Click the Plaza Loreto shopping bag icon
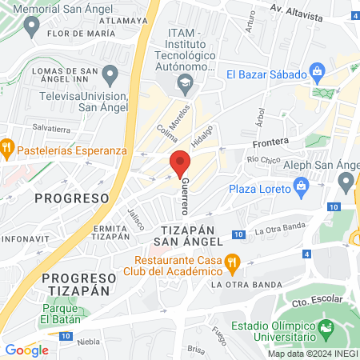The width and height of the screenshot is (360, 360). pyautogui.click(x=302, y=189)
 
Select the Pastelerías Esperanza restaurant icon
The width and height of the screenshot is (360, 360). pyautogui.click(x=6, y=147)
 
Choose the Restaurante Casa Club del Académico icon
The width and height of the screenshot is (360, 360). pyautogui.click(x=233, y=261)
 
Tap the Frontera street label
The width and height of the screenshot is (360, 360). pyautogui.click(x=270, y=143)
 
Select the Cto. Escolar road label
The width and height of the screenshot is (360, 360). pyautogui.click(x=312, y=302)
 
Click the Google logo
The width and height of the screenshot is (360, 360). pyautogui.click(x=26, y=350)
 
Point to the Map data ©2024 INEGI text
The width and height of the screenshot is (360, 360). pyautogui.click(x=312, y=354)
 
